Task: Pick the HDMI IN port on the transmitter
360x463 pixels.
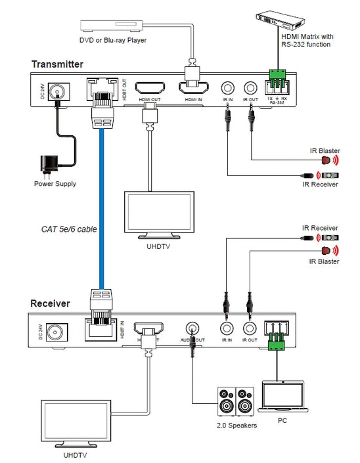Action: (192, 88)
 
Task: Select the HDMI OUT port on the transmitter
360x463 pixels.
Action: (150, 88)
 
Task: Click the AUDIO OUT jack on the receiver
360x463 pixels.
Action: (193, 328)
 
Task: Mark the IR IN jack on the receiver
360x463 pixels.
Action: (227, 328)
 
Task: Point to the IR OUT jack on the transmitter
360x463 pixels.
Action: (250, 87)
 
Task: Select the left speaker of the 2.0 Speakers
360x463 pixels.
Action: (225, 400)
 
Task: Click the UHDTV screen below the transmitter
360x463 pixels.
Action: (160, 213)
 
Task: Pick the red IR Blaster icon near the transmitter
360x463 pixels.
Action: (325, 160)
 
